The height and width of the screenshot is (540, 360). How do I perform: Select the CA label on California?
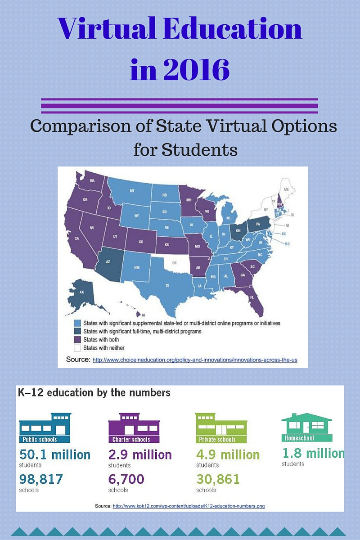click(x=76, y=238)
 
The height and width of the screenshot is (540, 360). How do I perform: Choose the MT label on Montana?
click(x=132, y=191)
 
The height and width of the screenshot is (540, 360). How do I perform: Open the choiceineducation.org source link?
click(x=194, y=360)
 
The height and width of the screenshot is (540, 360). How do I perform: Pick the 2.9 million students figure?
click(x=140, y=454)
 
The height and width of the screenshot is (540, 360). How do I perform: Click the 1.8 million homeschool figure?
click(x=313, y=453)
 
